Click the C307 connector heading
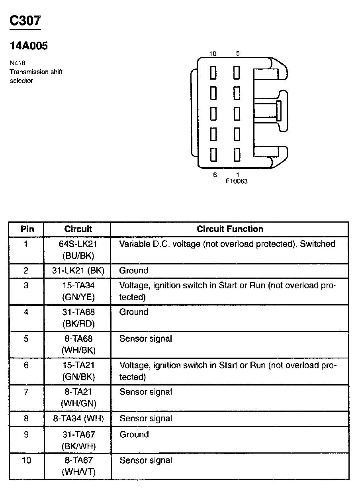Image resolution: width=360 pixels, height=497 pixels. pyautogui.click(x=25, y=21)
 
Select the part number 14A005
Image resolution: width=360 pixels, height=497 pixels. pyautogui.click(x=29, y=46)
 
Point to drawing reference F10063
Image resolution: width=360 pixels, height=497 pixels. pyautogui.click(x=237, y=181)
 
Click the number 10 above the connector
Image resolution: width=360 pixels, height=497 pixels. pyautogui.click(x=213, y=54)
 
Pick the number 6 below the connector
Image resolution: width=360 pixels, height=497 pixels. pyautogui.click(x=215, y=175)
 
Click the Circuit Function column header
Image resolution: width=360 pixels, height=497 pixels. pyautogui.click(x=230, y=229)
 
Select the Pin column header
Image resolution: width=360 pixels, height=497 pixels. pyautogui.click(x=27, y=229)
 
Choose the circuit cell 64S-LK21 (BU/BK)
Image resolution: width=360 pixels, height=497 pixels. pyautogui.click(x=78, y=250)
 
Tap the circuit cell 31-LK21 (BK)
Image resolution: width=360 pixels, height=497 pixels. pyautogui.click(x=78, y=271)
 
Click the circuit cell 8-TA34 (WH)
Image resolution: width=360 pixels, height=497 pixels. pyautogui.click(x=78, y=419)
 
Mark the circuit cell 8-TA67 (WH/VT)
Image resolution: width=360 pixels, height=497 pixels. pyautogui.click(x=78, y=466)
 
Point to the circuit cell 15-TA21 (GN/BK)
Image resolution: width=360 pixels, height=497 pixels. pyautogui.click(x=78, y=371)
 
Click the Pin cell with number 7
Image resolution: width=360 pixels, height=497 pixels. pyautogui.click(x=26, y=392)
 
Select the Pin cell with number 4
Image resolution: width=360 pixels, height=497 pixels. pyautogui.click(x=26, y=312)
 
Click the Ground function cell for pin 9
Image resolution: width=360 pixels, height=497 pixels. pyautogui.click(x=134, y=434)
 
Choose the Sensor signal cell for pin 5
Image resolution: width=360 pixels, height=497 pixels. pyautogui.click(x=146, y=339)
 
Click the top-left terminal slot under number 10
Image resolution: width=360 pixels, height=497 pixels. pyautogui.click(x=213, y=72)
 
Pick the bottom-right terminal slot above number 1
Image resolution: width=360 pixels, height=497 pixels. pyautogui.click(x=237, y=154)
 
